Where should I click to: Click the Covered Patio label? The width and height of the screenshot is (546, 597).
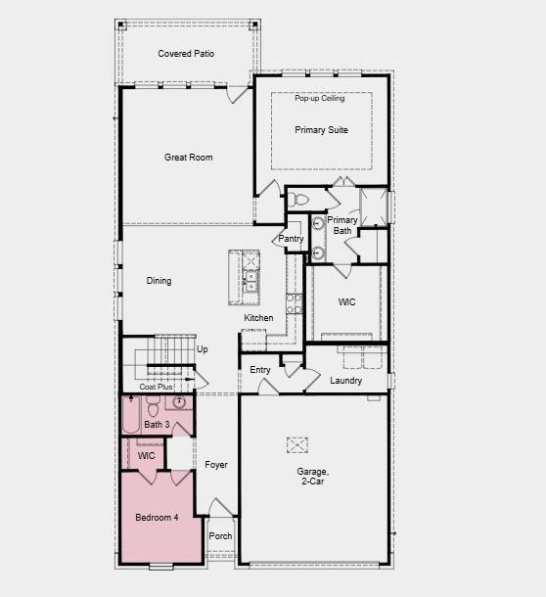[x=186, y=54]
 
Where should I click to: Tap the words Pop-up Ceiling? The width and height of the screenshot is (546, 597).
[x=320, y=99]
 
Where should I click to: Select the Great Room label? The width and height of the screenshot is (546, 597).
[x=188, y=158]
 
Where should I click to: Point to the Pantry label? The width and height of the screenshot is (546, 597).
[x=291, y=239]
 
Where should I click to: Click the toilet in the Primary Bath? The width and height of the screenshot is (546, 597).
[x=301, y=200]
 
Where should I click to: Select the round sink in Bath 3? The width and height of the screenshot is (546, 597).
[x=179, y=402]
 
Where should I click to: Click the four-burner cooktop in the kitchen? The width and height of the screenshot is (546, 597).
[x=293, y=302]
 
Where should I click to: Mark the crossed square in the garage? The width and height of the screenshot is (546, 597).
[x=297, y=444]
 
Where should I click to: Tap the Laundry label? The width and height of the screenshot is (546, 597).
[x=346, y=381]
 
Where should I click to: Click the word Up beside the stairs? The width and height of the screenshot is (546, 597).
[x=203, y=349]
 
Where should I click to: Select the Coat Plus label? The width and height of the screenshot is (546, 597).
[x=156, y=388]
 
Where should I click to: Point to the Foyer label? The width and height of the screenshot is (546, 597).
[x=216, y=465]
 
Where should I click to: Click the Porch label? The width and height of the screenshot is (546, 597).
[x=221, y=535]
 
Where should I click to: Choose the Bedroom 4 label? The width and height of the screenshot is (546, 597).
[x=157, y=517]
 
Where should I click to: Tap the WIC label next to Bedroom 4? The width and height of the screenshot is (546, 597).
[x=146, y=456]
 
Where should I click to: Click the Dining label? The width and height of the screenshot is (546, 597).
[x=159, y=281]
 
